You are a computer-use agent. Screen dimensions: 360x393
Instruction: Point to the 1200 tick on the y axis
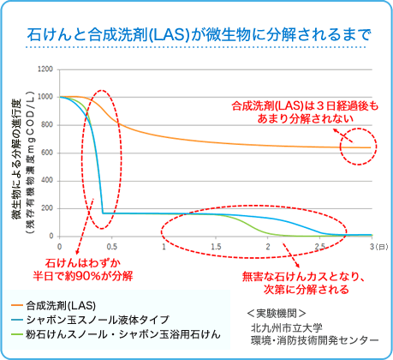click(x=45, y=69)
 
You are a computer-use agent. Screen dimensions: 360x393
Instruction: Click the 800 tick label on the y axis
click(x=47, y=124)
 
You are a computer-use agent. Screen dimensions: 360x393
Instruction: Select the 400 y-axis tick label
click(x=47, y=180)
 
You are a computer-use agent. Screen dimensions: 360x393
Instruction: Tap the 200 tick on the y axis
click(x=47, y=208)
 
